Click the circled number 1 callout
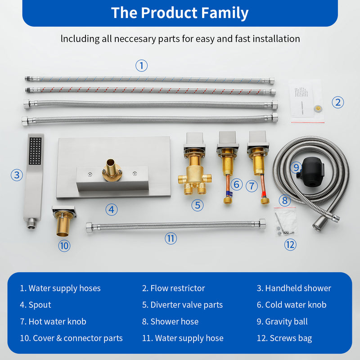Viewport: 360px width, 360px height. point(142,66)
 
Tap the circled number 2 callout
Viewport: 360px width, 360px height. point(338,102)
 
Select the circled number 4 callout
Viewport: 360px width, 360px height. point(112,209)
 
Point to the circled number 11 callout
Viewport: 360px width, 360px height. point(171,238)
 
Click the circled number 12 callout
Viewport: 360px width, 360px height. point(290,244)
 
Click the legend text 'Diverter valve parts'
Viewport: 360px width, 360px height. point(186,305)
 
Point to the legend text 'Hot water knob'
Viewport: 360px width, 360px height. point(57,321)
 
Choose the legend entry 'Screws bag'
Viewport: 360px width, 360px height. point(291,338)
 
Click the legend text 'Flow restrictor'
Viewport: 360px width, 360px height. point(177,288)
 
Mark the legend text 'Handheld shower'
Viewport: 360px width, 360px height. point(298,288)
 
